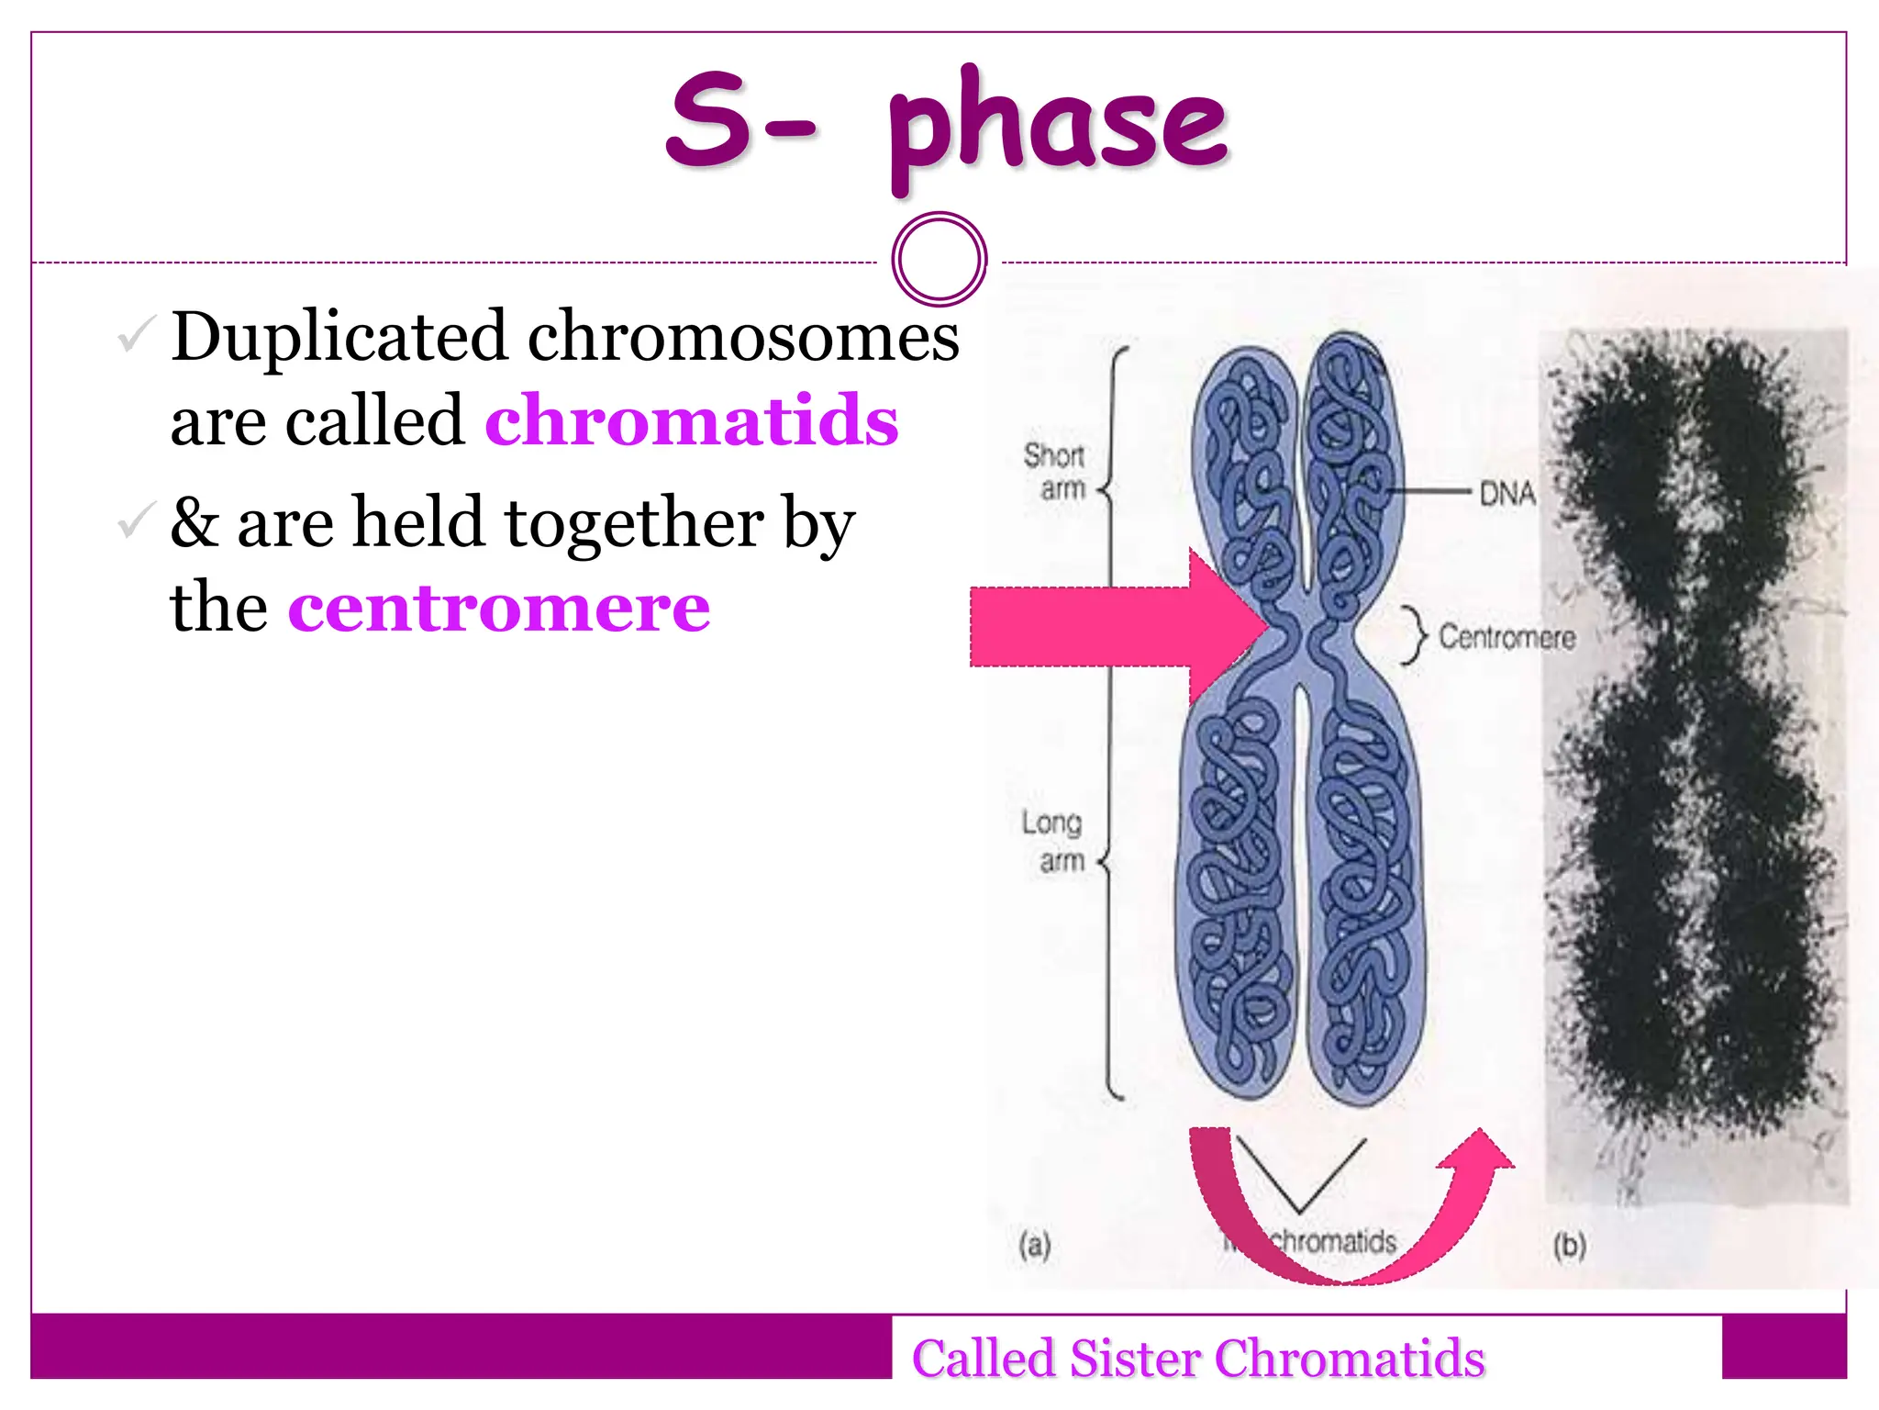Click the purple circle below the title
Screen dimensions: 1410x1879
pos(939,259)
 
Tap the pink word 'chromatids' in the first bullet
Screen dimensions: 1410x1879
pos(691,420)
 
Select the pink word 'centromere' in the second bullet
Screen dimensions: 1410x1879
pos(499,608)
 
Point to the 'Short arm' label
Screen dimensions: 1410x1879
pos(1055,471)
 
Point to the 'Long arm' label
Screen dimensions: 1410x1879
pos(1053,841)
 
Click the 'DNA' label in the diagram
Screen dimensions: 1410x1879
pos(1507,494)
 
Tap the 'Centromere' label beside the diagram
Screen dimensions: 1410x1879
pos(1507,636)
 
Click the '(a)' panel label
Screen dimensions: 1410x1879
pos(1035,1246)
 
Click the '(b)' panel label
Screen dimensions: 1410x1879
pos(1569,1246)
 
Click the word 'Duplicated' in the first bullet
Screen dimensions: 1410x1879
pos(339,336)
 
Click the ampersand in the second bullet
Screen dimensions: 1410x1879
pos(195,521)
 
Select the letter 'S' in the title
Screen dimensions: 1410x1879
pos(706,119)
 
